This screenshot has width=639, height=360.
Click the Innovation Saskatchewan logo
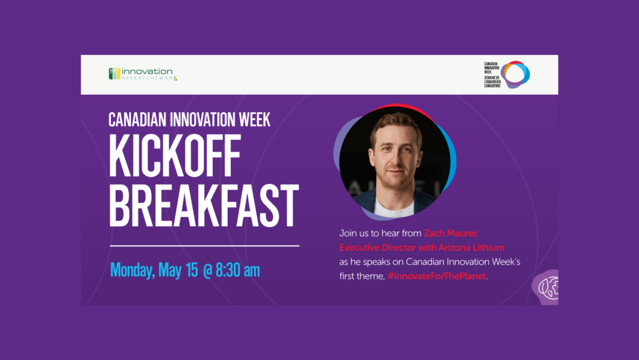point(143,74)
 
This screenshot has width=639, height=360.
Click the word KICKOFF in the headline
point(175,156)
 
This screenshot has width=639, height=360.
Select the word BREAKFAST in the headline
point(204,205)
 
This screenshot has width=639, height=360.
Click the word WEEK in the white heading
point(255,120)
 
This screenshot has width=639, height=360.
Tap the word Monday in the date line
point(132,270)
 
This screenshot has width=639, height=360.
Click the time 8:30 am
point(238,270)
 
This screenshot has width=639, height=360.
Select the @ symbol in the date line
point(208,271)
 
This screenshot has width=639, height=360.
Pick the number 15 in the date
point(192,270)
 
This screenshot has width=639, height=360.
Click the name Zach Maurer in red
point(451,233)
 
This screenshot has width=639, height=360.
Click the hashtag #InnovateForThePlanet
point(437,276)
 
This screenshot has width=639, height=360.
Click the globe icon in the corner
point(548,288)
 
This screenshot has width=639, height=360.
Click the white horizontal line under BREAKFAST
point(205,246)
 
